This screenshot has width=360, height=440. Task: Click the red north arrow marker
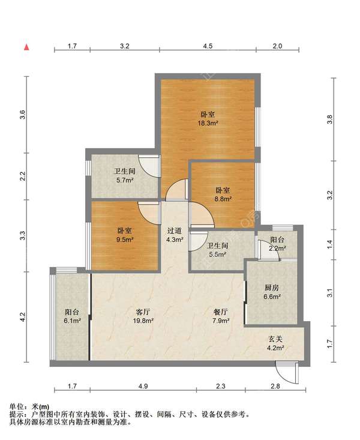pos(26,47)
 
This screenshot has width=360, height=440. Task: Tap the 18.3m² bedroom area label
pos(208,119)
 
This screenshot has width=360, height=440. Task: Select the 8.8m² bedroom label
pos(223,194)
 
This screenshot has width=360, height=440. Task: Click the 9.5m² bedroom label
pos(125,235)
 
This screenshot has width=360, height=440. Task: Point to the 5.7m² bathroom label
pos(125,176)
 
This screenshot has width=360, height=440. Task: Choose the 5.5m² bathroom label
pos(217,250)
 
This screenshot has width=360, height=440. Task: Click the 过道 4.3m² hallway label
pos(175,235)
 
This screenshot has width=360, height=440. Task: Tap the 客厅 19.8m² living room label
pos(143,316)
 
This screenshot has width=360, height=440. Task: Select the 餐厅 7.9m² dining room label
pos(221,316)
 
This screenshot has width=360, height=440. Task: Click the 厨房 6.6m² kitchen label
pos(272,292)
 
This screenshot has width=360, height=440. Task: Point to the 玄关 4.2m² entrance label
pos(275,343)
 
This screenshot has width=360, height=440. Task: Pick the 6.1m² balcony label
pos(72,316)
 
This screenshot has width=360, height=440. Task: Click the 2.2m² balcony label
pos(277,244)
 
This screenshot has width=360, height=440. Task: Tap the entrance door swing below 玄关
pos(286,373)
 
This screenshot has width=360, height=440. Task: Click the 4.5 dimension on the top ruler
pos(208,46)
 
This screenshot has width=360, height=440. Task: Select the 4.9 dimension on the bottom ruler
pos(143,386)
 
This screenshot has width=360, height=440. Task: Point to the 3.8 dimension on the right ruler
pos(330,119)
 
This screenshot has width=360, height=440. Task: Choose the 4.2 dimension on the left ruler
pos(23,317)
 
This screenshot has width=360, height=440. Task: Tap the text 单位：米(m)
pos(29,406)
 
